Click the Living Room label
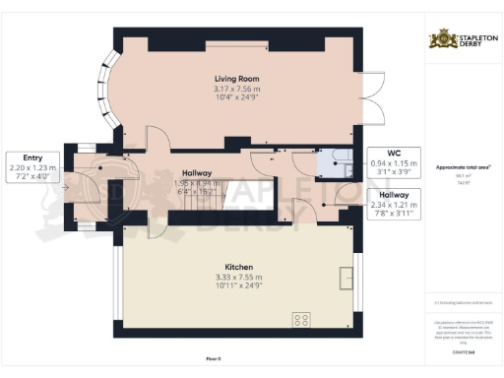pyautogui.click(x=236, y=78)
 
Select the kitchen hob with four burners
pyautogui.click(x=302, y=319)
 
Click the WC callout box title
pyautogui.click(x=393, y=153)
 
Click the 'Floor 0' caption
pyautogui.click(x=240, y=360)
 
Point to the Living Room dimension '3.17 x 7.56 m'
pyautogui.click(x=236, y=89)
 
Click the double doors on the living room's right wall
pyautogui.click(x=367, y=88)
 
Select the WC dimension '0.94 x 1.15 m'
pyautogui.click(x=393, y=163)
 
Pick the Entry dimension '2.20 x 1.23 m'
pyautogui.click(x=31, y=168)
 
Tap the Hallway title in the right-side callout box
pyautogui.click(x=393, y=194)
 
